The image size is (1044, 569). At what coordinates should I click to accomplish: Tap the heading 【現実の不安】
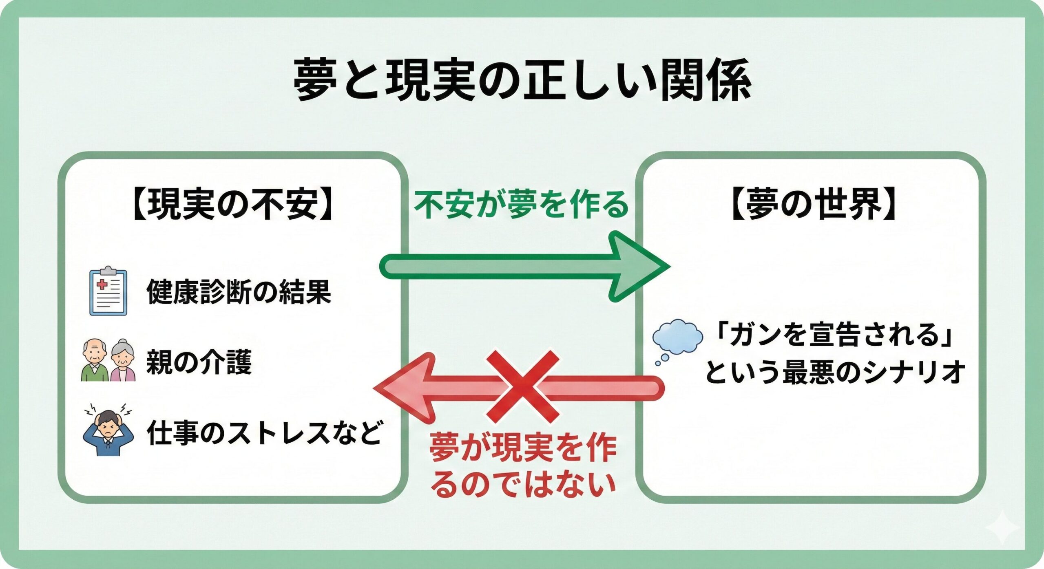(x=232, y=205)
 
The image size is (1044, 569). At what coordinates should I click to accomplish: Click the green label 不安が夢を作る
(x=522, y=205)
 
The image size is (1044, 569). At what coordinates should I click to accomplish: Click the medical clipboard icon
(x=108, y=291)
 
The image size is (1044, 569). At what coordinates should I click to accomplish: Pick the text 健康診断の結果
(x=239, y=292)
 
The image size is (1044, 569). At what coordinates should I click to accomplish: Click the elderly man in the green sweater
(x=95, y=361)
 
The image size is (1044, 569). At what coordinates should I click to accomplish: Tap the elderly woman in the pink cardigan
(x=123, y=361)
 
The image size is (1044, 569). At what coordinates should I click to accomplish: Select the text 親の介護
(x=199, y=362)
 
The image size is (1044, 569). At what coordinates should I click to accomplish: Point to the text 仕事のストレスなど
(x=264, y=432)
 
